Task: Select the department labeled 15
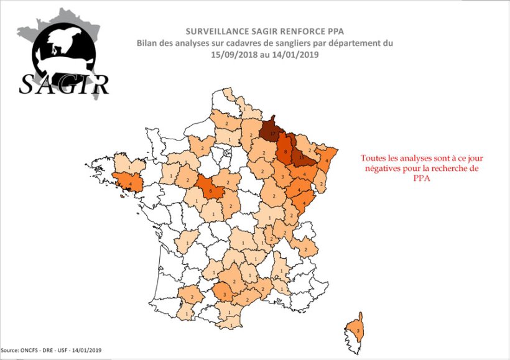click(302, 156)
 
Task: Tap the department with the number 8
click(285, 151)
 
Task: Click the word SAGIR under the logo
click(64, 83)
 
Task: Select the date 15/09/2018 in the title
click(234, 55)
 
